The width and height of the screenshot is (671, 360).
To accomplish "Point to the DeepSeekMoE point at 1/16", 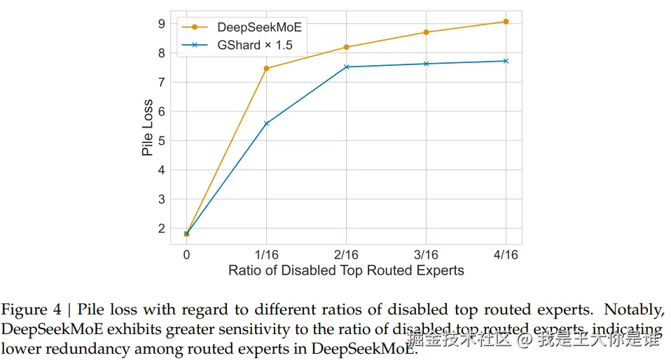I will (266, 69).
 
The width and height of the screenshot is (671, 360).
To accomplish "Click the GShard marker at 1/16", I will (266, 123).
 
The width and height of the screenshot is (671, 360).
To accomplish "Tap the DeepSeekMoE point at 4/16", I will (506, 22).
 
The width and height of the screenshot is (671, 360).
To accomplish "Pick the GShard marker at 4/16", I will (506, 61).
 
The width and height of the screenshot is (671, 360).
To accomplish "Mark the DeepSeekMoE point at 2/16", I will (346, 47).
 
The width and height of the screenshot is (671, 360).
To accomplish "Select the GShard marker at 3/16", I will (426, 64).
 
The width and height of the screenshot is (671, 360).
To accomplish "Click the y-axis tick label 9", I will (161, 24).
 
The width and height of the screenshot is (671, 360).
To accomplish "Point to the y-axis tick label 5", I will (161, 141).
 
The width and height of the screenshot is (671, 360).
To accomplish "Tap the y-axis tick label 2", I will (161, 228).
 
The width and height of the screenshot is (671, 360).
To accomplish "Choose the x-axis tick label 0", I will (186, 255).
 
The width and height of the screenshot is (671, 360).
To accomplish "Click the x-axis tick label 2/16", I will (346, 255).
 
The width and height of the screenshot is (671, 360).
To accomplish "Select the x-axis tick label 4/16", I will (506, 255).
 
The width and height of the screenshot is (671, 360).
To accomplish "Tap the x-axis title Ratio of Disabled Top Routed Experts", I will (346, 270).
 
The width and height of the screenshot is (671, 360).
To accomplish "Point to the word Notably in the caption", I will (633, 309).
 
